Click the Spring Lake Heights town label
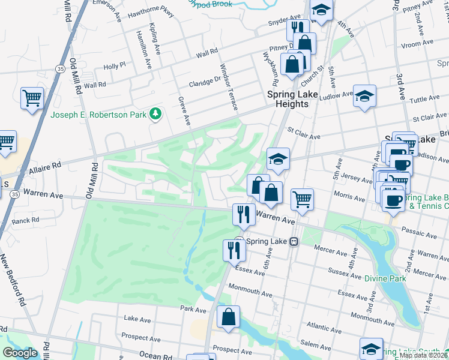[288, 99]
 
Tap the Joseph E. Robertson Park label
[99, 115]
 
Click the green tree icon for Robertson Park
[155, 113]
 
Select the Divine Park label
[385, 278]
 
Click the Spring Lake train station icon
[294, 241]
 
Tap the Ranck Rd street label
[25, 221]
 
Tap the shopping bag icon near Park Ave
[228, 318]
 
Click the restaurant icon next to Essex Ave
[235, 250]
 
